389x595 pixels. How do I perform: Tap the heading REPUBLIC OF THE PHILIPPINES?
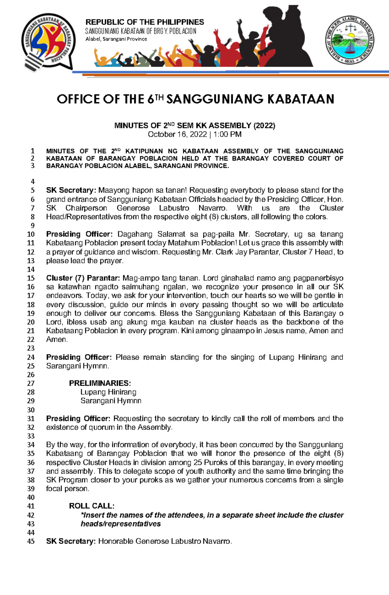pos(145,22)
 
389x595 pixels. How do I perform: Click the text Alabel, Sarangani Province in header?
pos(116,39)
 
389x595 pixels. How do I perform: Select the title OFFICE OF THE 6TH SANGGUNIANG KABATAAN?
pos(195,99)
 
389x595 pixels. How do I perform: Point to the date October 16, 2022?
pos(177,135)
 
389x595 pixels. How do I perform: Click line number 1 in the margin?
pos(32,151)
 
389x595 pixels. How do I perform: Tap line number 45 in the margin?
pos(31,541)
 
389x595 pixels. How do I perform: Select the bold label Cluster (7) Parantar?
pos(83,278)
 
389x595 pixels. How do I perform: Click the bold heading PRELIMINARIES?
pos(100,383)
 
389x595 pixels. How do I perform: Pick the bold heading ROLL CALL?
pos(91,506)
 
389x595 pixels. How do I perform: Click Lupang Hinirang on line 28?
pos(108,392)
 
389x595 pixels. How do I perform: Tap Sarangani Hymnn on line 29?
pos(111,401)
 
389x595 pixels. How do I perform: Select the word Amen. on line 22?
pos(57,339)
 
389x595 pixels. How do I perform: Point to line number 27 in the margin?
pos(31,383)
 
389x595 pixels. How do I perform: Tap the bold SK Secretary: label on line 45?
pos(71,541)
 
